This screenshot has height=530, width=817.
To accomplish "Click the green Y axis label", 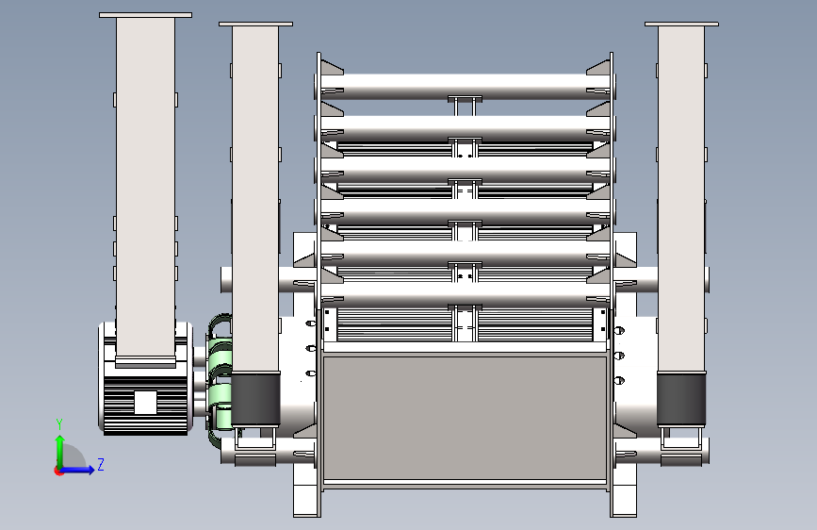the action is tap(59, 424).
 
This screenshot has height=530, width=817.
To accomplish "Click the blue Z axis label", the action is tap(101, 464).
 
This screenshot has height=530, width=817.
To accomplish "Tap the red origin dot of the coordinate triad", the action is tap(58, 471).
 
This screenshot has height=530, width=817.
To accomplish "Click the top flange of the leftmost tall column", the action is tap(145, 15).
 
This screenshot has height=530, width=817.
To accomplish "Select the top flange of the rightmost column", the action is tap(681, 24).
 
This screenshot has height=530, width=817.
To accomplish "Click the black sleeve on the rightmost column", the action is tap(681, 399).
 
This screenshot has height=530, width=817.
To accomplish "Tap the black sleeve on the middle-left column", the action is tap(255, 399).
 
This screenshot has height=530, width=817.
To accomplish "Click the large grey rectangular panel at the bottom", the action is tap(465, 418).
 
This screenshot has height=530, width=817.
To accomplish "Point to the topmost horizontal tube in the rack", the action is tap(465, 86).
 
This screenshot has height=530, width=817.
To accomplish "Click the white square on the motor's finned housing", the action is tap(145, 403).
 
